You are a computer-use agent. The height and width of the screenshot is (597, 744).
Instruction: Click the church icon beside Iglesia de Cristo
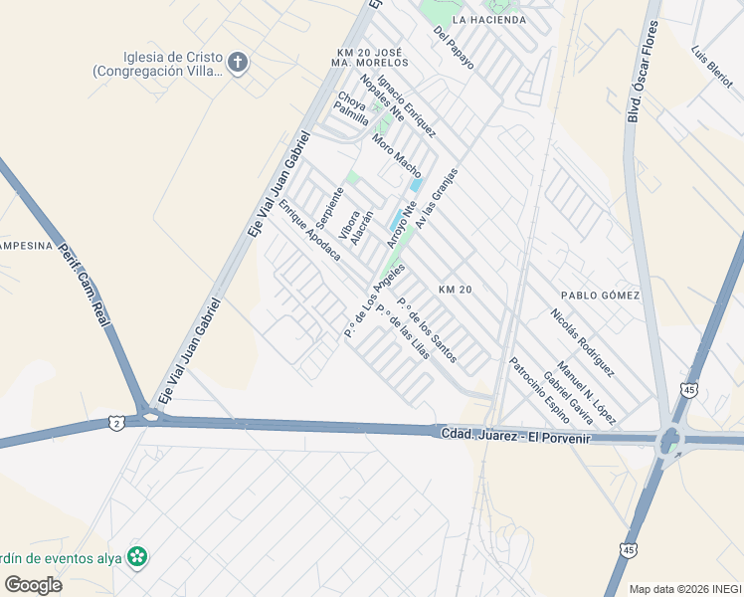[237, 63]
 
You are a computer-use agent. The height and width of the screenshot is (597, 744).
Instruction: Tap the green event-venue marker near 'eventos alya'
[138, 557]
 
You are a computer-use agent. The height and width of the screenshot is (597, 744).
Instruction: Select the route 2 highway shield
[117, 423]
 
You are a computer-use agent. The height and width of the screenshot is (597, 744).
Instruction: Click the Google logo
[33, 584]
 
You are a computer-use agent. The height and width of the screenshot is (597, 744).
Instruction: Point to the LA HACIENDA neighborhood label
[488, 20]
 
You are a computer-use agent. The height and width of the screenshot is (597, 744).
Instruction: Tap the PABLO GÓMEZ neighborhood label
[600, 296]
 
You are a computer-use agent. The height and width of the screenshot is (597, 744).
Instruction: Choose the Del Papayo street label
[454, 48]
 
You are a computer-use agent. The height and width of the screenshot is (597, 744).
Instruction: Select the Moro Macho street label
[397, 156]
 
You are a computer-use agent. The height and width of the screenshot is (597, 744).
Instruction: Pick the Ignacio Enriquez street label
[406, 110]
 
